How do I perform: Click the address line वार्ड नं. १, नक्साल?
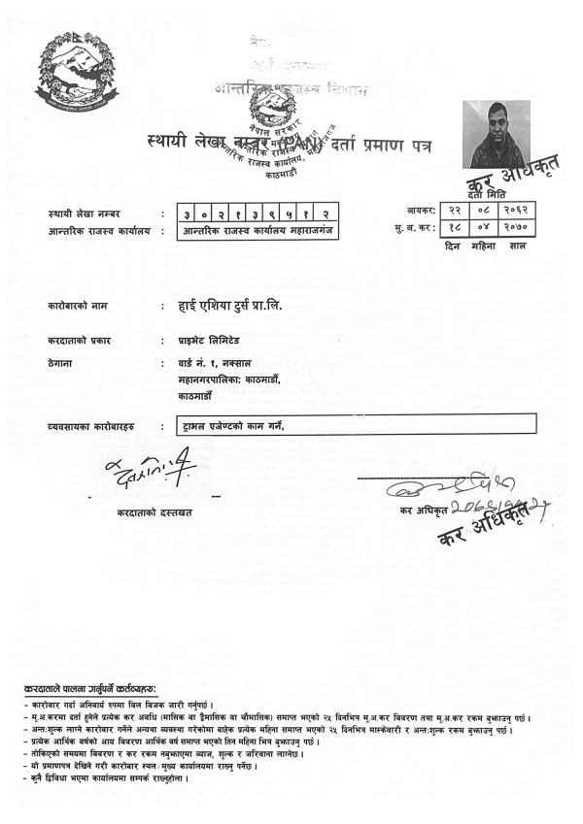click(210, 362)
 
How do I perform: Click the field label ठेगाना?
click(61, 362)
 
